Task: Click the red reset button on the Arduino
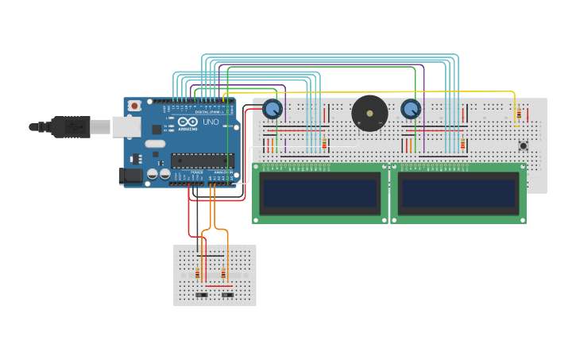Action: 134,106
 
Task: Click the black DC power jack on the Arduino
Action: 130,176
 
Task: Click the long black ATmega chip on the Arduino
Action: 202,161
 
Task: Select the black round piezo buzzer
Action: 369,114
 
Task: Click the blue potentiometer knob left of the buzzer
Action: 273,109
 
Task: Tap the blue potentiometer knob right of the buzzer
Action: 410,109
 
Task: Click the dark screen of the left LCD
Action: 320,192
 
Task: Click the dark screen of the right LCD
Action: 458,192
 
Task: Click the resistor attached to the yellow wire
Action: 518,115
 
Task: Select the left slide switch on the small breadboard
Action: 202,295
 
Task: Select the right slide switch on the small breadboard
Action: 227,295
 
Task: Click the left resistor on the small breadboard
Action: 198,274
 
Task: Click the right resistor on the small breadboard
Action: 223,274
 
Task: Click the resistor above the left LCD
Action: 324,144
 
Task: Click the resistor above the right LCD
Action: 462,144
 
